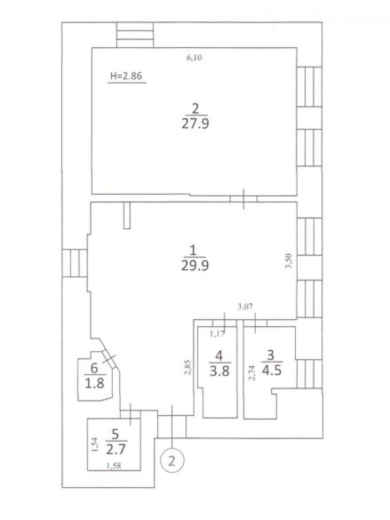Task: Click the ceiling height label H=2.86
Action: [126, 76]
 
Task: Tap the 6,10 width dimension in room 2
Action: [194, 58]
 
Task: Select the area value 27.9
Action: [195, 124]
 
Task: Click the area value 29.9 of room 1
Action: [195, 266]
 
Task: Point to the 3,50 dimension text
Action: [289, 260]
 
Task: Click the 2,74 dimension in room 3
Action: [252, 374]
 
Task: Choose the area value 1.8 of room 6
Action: [94, 390]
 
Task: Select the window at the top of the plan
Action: [135, 35]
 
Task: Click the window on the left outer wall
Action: [74, 263]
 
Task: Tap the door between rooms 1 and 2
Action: [244, 199]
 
